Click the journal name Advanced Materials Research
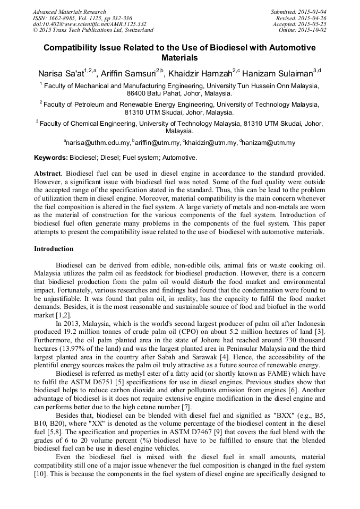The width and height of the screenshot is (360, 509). click(x=70, y=12)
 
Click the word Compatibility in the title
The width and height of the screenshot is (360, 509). click(x=71, y=48)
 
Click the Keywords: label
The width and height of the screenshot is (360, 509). click(x=51, y=158)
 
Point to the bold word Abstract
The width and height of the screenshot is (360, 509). click(x=47, y=174)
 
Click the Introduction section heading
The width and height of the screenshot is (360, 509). click(x=54, y=249)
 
